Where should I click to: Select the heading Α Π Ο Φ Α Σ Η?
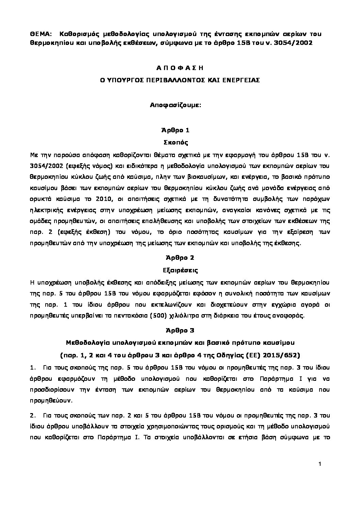[180, 68]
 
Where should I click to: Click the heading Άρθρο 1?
[180, 130]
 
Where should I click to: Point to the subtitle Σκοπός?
[180, 142]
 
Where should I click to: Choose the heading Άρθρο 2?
[180, 257]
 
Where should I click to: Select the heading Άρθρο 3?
[180, 330]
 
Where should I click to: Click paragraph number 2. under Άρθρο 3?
[33, 415]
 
